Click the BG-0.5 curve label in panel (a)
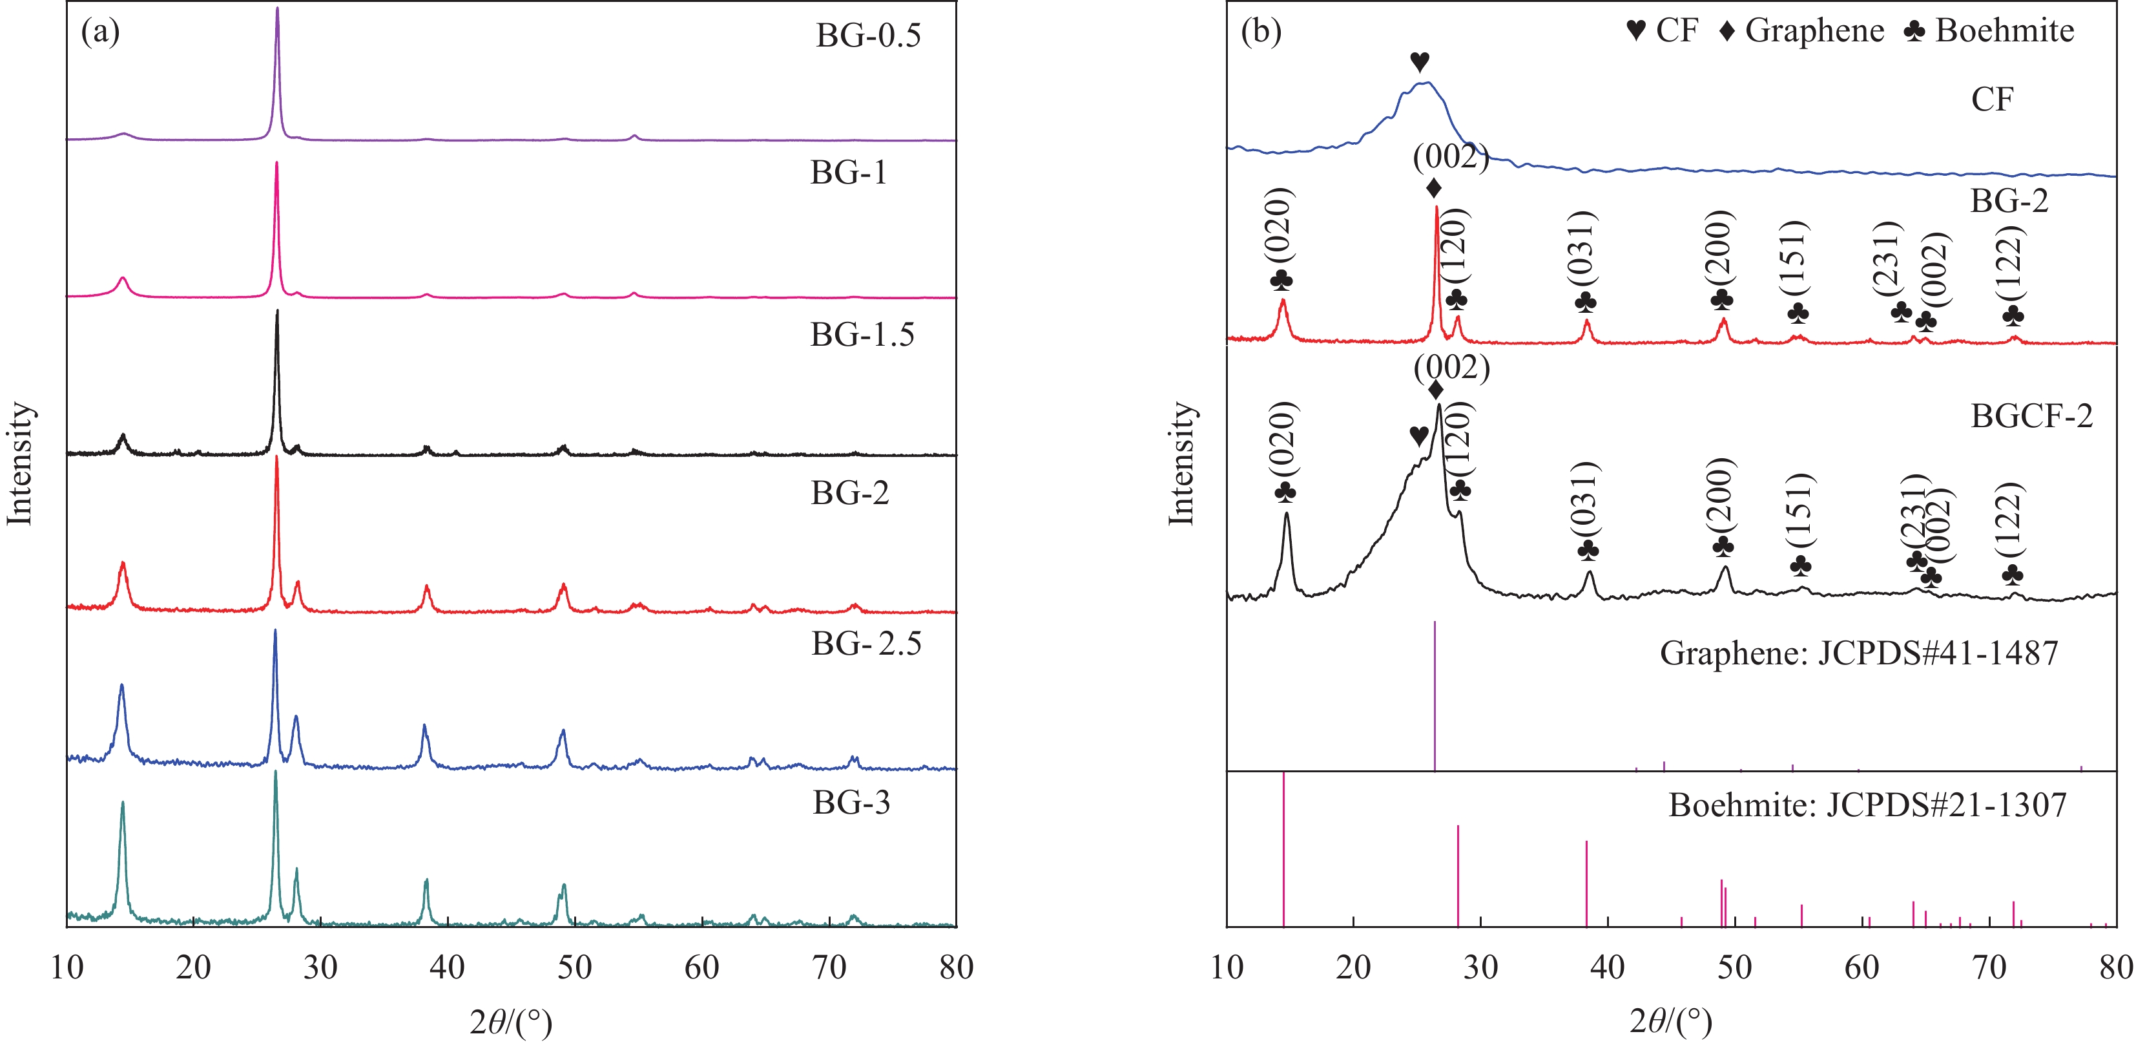pos(867,36)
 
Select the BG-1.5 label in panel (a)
pos(862,334)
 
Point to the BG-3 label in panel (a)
pos(851,802)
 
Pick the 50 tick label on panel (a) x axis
pos(574,967)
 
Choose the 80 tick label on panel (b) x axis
pos(2115,967)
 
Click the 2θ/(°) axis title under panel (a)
pos(511,1021)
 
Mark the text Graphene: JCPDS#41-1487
pos(1858,653)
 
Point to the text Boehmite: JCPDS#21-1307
pos(1867,805)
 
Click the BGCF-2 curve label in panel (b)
pos(2031,416)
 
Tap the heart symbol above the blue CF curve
pos(1420,61)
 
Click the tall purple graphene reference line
pos(1435,697)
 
